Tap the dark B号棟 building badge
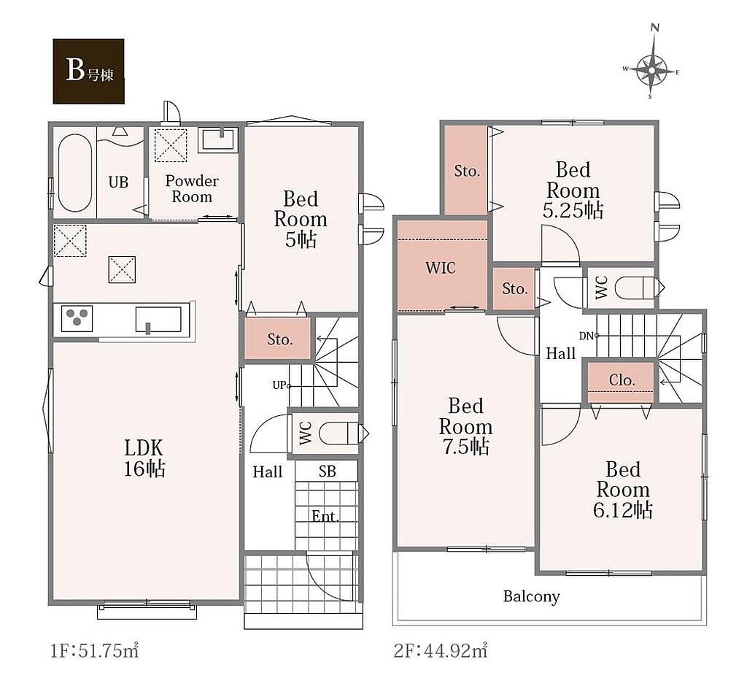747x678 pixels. click(88, 71)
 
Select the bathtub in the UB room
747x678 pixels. click(75, 172)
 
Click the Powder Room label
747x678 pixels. click(192, 189)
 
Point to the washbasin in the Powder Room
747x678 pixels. click(217, 139)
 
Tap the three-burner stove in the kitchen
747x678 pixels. click(76, 317)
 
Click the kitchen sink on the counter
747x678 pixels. click(158, 319)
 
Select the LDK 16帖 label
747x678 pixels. click(144, 458)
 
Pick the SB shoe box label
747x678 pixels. click(328, 471)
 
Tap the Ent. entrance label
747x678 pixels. click(325, 516)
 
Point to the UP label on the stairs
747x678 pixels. click(279, 385)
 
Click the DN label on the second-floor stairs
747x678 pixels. click(587, 336)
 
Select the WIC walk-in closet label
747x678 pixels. click(440, 267)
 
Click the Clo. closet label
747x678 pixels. click(622, 380)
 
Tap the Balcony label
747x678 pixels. click(531, 596)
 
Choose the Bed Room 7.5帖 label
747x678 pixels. click(465, 426)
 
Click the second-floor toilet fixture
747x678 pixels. click(635, 288)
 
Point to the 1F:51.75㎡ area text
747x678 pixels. click(94, 650)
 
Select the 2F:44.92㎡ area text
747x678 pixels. click(441, 650)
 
